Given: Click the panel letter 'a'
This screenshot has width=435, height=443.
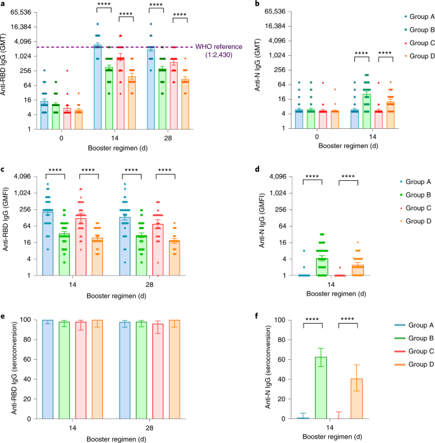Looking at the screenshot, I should click(4, 4).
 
